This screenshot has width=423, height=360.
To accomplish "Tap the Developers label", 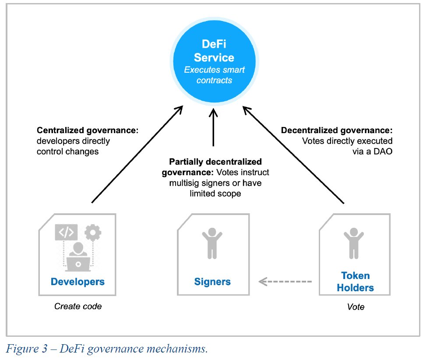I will [78, 281].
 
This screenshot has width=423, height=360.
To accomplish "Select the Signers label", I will [212, 281].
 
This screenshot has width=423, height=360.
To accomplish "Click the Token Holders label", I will [355, 282].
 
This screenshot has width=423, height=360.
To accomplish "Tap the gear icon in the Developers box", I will [92, 233].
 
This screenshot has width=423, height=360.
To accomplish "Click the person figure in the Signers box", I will [212, 244].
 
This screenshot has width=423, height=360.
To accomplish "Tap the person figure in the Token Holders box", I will [353, 244].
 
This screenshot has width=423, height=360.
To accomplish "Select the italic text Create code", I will [78, 307].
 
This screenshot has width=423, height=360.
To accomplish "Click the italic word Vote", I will [355, 307].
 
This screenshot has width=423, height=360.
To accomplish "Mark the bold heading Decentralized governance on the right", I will [337, 131].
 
